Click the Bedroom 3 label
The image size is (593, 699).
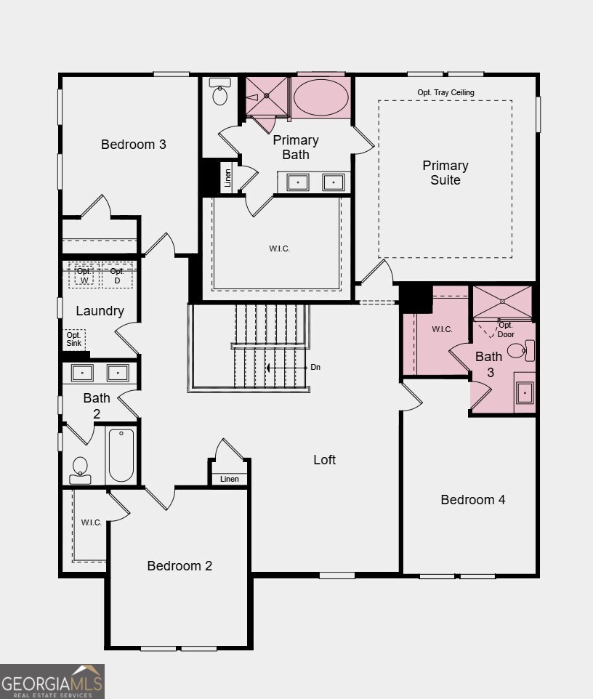coord(134,144)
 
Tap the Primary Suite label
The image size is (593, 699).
coord(445,173)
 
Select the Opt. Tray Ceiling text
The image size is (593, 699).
coord(445,92)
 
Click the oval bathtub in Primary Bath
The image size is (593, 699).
coord(320,97)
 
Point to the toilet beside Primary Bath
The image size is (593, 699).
coord(220,93)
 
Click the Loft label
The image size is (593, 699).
coord(324,459)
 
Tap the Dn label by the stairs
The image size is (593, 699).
coord(315,367)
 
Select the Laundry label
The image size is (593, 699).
coord(100,311)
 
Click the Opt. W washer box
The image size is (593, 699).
coord(84,275)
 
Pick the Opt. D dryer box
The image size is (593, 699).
coord(116,275)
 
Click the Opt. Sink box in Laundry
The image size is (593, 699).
coord(74,339)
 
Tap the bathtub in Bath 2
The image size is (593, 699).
coord(121,456)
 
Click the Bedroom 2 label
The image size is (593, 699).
coord(179,565)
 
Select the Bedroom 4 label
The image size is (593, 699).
coord(473,499)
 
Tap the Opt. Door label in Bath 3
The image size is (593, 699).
coord(506,330)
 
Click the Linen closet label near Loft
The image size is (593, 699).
coord(229,479)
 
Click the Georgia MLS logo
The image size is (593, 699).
coord(52,682)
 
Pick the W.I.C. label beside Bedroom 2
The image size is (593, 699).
coord(92,522)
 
